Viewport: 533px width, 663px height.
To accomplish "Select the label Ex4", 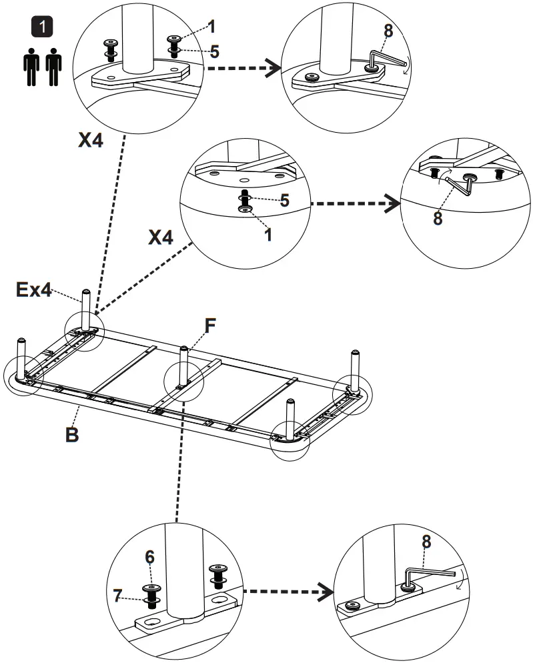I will pyautogui.click(x=34, y=290).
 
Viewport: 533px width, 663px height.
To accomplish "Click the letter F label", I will pyautogui.click(x=210, y=326).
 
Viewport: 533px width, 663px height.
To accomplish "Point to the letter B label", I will pyautogui.click(x=72, y=434).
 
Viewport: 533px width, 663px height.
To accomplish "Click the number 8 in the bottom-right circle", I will pyautogui.click(x=426, y=542).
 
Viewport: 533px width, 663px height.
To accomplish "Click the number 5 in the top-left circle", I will pyautogui.click(x=214, y=52).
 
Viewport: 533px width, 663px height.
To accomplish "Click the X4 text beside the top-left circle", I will pyautogui.click(x=91, y=140).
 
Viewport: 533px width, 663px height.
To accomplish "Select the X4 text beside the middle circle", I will pyautogui.click(x=161, y=237).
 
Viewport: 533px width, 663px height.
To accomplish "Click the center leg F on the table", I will pyautogui.click(x=182, y=367).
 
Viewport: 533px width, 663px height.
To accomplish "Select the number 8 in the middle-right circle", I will pyautogui.click(x=438, y=218).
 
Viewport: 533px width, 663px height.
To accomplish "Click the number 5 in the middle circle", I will pyautogui.click(x=285, y=200).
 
